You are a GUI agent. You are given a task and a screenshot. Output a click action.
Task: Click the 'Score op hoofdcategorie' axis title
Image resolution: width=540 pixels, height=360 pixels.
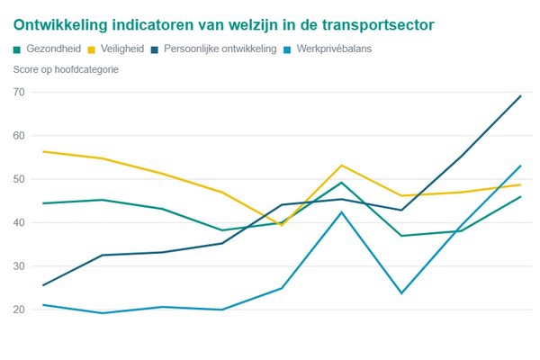[x=67, y=69]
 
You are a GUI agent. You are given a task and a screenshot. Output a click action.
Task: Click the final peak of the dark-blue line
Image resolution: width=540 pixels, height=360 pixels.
[x=521, y=96]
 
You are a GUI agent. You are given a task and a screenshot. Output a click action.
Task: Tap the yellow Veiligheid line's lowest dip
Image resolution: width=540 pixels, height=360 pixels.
[x=282, y=225]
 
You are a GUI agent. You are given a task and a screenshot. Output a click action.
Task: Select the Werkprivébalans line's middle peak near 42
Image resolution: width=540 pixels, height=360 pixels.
[x=342, y=212]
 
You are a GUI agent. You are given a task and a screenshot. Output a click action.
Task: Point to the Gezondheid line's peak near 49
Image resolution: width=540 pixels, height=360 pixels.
[x=342, y=183]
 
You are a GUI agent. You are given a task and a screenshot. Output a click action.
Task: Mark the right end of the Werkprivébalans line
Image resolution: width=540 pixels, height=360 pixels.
[x=521, y=166]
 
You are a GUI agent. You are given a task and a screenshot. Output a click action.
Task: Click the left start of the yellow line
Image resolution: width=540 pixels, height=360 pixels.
[x=43, y=151]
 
